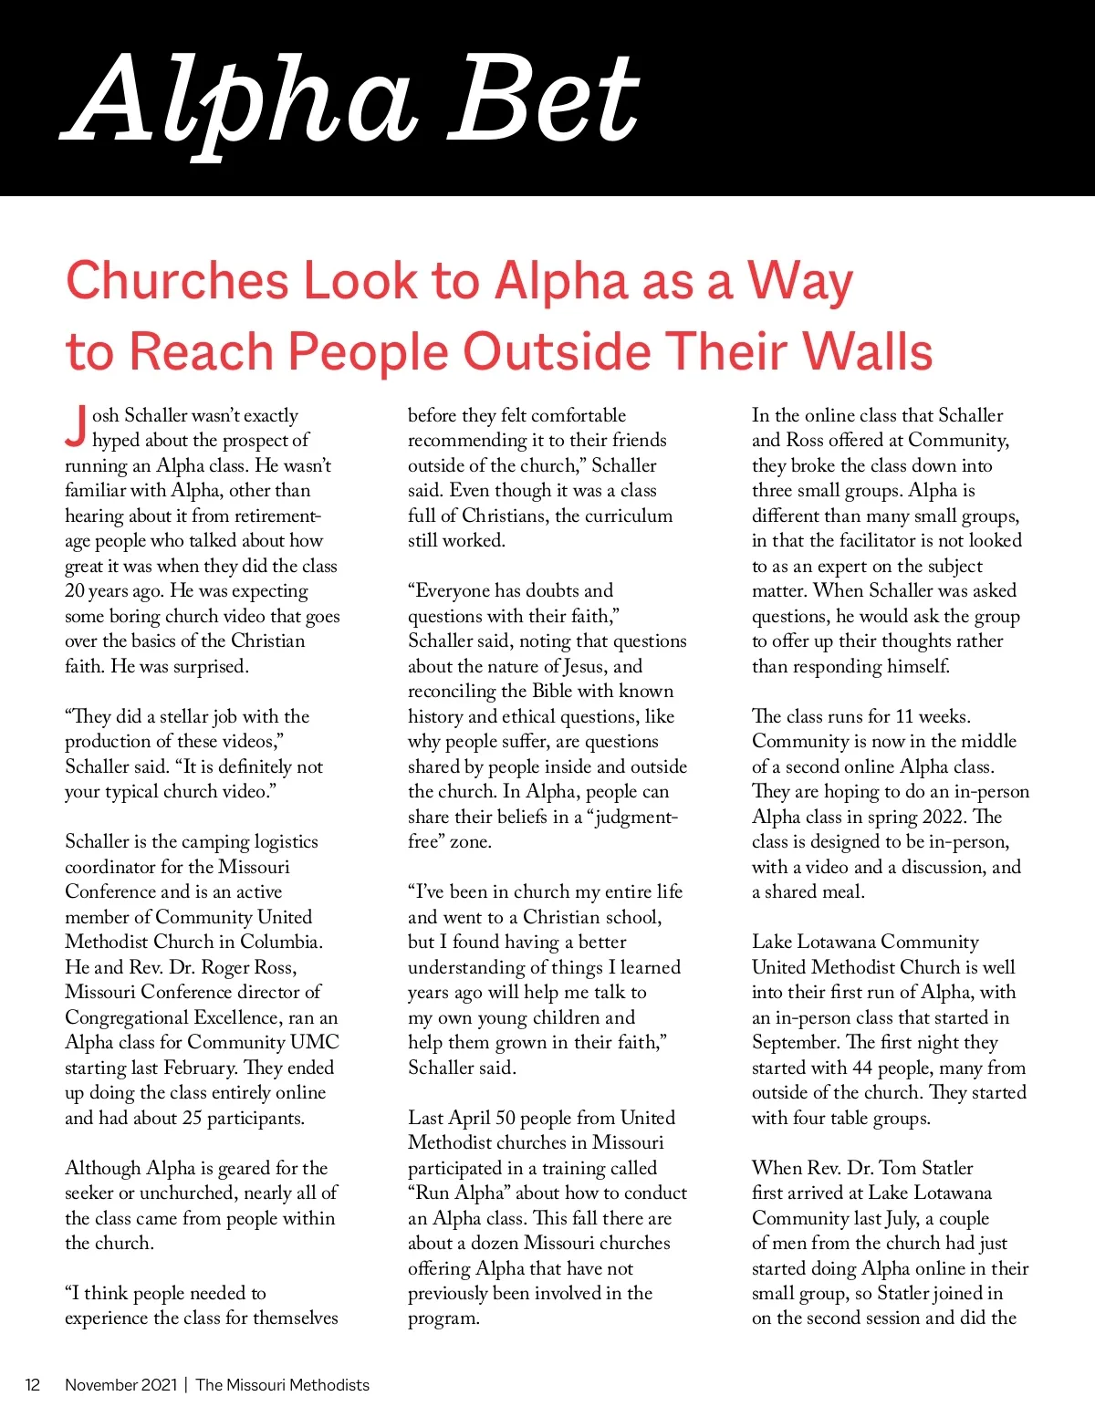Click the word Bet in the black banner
pyautogui.click(x=544, y=99)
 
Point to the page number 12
pyautogui.click(x=33, y=1385)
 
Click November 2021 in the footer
pyautogui.click(x=120, y=1385)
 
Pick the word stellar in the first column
pyautogui.click(x=190, y=716)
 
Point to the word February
pyautogui.click(x=195, y=1068)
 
